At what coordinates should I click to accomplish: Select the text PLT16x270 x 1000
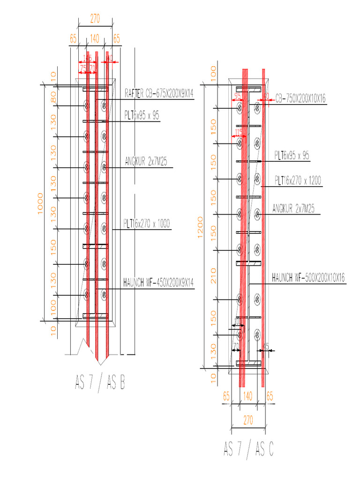[x=147, y=224]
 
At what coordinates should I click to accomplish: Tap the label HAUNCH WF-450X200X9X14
[x=158, y=283]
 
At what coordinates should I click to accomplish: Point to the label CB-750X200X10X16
[x=300, y=98]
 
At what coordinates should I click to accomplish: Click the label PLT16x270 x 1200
[x=298, y=180]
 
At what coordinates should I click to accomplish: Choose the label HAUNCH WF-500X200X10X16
[x=308, y=278]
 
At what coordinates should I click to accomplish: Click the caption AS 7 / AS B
[x=99, y=383]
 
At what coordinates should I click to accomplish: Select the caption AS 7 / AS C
[x=248, y=449]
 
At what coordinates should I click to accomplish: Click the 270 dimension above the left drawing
[x=95, y=20]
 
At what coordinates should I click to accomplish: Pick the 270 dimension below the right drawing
[x=249, y=421]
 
